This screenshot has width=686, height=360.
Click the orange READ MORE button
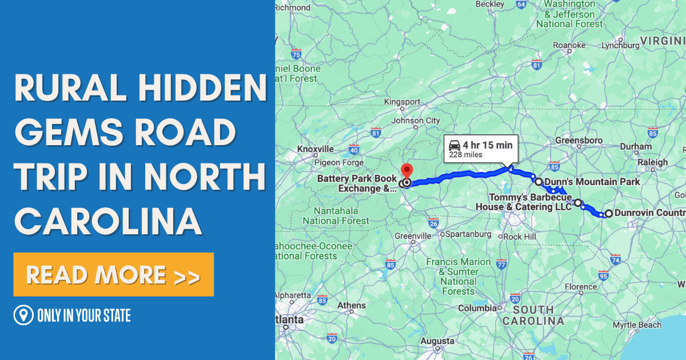113,275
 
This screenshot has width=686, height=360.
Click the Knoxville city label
315,149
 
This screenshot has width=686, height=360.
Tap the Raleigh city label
653,162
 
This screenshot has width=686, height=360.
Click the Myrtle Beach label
637,325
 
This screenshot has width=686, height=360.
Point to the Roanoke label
569,45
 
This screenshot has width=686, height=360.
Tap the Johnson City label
416,121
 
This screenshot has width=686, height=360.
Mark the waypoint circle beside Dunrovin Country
608,214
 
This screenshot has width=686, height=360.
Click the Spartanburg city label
468,234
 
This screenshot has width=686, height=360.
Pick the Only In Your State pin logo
23,315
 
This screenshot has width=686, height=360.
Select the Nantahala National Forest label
336,216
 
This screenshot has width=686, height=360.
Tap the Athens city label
351,305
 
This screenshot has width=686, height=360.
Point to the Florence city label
580,287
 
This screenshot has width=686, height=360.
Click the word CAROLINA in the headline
109,221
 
